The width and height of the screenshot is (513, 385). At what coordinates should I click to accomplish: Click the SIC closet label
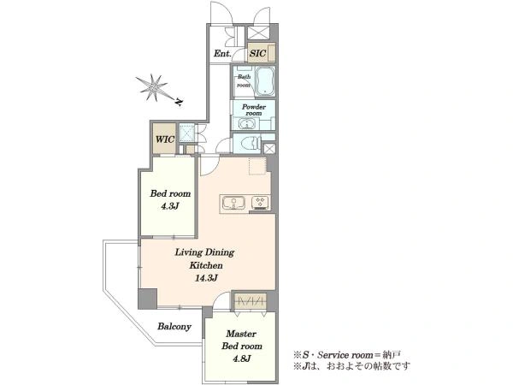257,53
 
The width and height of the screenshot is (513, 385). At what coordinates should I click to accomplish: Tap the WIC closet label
165,139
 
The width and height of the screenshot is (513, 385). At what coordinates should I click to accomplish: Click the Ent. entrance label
222,53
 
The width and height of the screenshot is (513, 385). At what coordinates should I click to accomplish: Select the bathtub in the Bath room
264,81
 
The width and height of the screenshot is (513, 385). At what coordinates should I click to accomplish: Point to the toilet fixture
250,143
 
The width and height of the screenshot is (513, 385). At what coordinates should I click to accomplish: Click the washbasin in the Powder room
245,124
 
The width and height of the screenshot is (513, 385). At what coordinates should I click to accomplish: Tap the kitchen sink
233,203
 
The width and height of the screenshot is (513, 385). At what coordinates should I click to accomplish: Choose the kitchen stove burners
261,202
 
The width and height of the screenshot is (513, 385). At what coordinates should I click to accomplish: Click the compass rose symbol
154,87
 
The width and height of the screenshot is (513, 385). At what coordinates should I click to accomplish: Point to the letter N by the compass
179,102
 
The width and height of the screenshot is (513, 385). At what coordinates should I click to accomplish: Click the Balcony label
174,327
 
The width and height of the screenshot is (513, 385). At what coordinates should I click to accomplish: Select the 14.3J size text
206,278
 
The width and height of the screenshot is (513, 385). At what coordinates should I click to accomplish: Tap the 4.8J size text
242,358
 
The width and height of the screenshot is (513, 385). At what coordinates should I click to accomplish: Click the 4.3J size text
170,206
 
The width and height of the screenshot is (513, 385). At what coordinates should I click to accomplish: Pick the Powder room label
254,110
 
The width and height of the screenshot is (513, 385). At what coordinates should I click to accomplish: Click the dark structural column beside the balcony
147,299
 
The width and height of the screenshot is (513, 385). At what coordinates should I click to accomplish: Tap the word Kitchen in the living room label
206,265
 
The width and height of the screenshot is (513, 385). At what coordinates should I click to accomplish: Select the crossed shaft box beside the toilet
269,149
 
